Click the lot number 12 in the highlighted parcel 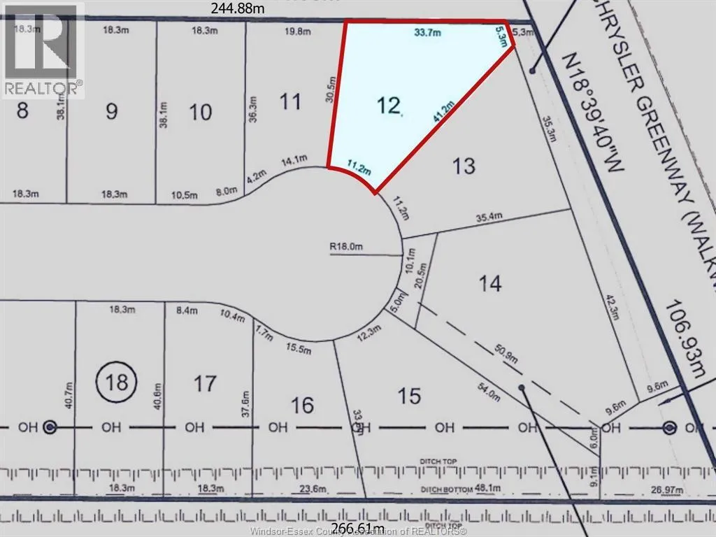coord(389,106)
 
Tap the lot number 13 coord(464,166)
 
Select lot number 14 coord(490,283)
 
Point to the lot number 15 coord(410,396)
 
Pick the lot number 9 coord(111,111)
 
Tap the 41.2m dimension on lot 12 coord(441,113)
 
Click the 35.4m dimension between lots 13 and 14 coord(489,217)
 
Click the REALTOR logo coord(42,49)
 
